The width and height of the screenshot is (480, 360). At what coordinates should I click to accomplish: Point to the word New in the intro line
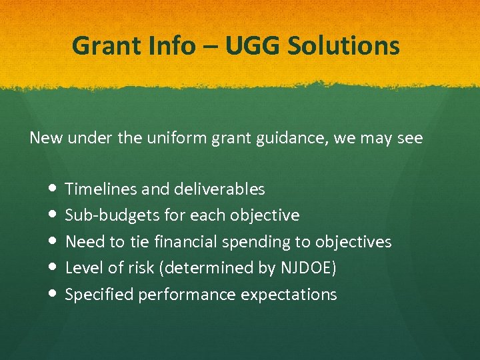[x=44, y=138]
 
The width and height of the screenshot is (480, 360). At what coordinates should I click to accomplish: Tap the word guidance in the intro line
[x=267, y=139]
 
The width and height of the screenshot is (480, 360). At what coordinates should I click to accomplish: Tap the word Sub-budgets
[x=107, y=215]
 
